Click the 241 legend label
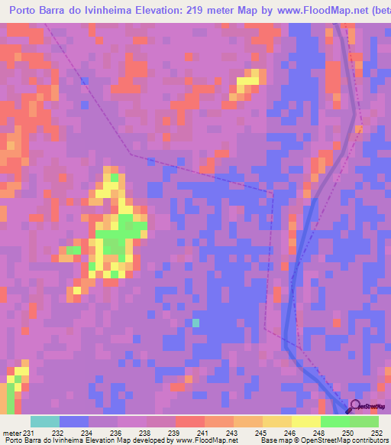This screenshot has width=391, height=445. (202, 433)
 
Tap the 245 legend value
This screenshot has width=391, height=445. (260, 433)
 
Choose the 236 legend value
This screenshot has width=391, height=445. (115, 433)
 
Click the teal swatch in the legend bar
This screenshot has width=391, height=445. (44, 421)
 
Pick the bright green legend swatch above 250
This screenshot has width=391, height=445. (334, 421)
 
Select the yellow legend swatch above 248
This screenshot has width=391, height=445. (305, 421)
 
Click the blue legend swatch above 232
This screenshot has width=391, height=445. (73, 421)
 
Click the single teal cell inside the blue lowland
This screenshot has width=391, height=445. (195, 323)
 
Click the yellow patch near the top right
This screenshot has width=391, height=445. (248, 81)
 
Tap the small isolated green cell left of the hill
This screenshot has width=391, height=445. (74, 249)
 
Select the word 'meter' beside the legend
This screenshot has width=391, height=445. (10, 433)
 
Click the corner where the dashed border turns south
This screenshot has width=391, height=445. (272, 191)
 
